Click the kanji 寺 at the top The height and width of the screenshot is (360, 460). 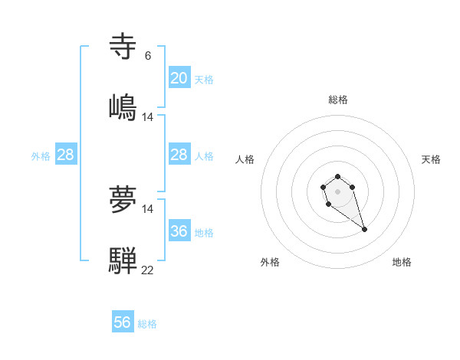[x=123, y=47]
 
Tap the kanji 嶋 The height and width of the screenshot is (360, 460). [x=123, y=106]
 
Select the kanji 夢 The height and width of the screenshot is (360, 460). [x=123, y=200]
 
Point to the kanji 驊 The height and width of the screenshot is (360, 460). [x=123, y=260]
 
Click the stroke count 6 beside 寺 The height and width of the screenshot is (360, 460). [x=147, y=56]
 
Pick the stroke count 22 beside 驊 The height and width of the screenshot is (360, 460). [x=147, y=270]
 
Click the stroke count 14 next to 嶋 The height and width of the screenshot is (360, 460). [x=147, y=116]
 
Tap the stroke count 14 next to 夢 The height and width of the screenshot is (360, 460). [x=147, y=209]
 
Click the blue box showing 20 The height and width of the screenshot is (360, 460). [x=179, y=78]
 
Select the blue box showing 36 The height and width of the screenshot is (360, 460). [x=179, y=231]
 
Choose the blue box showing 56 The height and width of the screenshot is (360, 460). [x=123, y=322]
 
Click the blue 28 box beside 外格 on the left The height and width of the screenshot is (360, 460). [x=66, y=155]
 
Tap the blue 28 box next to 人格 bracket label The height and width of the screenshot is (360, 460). [x=179, y=155]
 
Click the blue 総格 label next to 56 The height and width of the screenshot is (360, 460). [x=147, y=324]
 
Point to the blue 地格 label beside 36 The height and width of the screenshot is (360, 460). [x=204, y=232]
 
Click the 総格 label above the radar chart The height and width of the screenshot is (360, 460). [x=338, y=100]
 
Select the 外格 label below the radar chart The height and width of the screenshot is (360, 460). [x=270, y=263]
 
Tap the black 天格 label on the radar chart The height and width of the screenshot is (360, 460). [x=431, y=159]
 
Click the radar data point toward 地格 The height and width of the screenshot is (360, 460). [x=364, y=229]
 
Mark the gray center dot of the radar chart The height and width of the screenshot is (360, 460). [x=337, y=190]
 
